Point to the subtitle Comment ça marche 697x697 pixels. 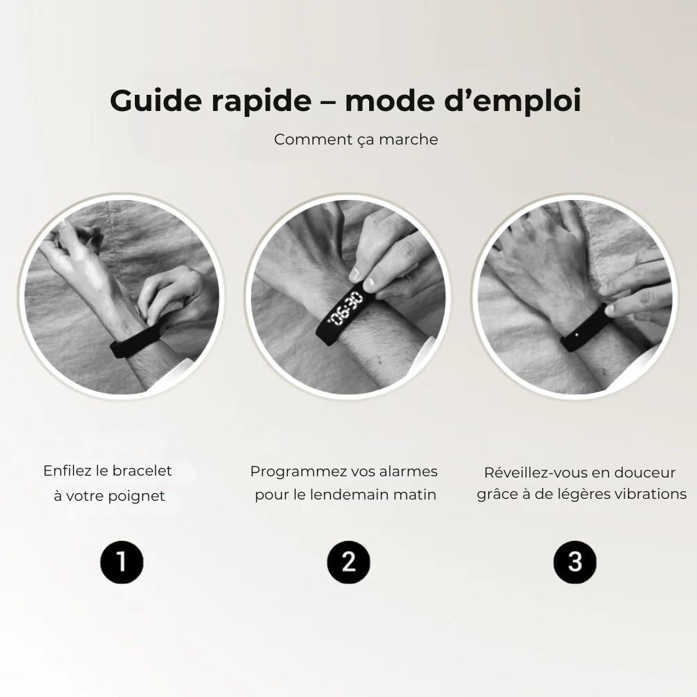tap(356, 139)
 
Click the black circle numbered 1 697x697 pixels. tap(121, 562)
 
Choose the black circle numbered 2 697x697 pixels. tap(348, 562)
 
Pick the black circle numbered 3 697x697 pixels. tap(574, 562)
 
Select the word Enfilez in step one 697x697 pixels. tap(66, 471)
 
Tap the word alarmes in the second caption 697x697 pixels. tap(409, 472)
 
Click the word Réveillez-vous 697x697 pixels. tap(536, 472)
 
